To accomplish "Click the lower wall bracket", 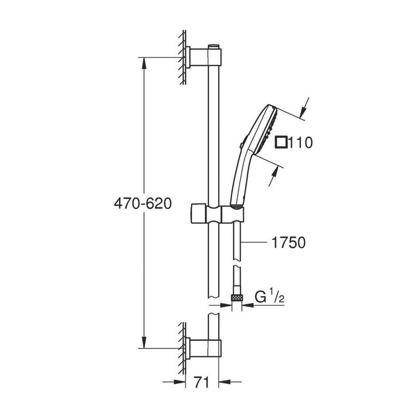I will click(x=205, y=348).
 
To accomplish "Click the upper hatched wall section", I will click(x=182, y=57).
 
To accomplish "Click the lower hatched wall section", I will click(x=182, y=348).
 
